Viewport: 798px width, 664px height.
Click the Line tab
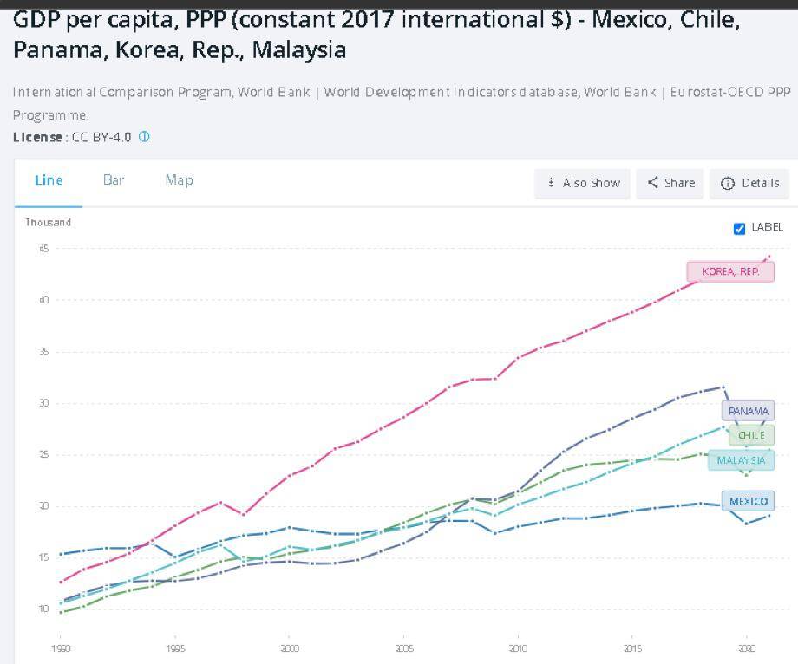point(49,180)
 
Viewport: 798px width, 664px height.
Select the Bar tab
point(114,180)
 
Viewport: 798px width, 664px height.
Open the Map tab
point(179,180)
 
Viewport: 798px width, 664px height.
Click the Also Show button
point(583,183)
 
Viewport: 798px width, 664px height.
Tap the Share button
point(671,183)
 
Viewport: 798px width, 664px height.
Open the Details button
point(750,183)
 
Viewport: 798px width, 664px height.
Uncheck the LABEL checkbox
point(739,228)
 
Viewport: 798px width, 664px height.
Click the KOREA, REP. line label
point(730,271)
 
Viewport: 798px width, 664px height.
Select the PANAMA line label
point(748,411)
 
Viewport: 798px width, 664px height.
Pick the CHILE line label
point(751,435)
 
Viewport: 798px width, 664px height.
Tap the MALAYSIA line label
point(741,460)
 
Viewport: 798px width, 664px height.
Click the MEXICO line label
point(748,501)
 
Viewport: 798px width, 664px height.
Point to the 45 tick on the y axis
point(43,249)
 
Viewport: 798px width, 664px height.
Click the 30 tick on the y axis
point(43,403)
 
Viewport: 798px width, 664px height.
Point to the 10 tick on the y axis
point(43,609)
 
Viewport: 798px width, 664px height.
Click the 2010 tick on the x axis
point(518,648)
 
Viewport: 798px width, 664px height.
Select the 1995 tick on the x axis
point(174,648)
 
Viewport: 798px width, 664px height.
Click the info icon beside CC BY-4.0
point(144,137)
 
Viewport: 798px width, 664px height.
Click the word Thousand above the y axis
point(48,223)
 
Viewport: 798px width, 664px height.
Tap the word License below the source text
point(38,137)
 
